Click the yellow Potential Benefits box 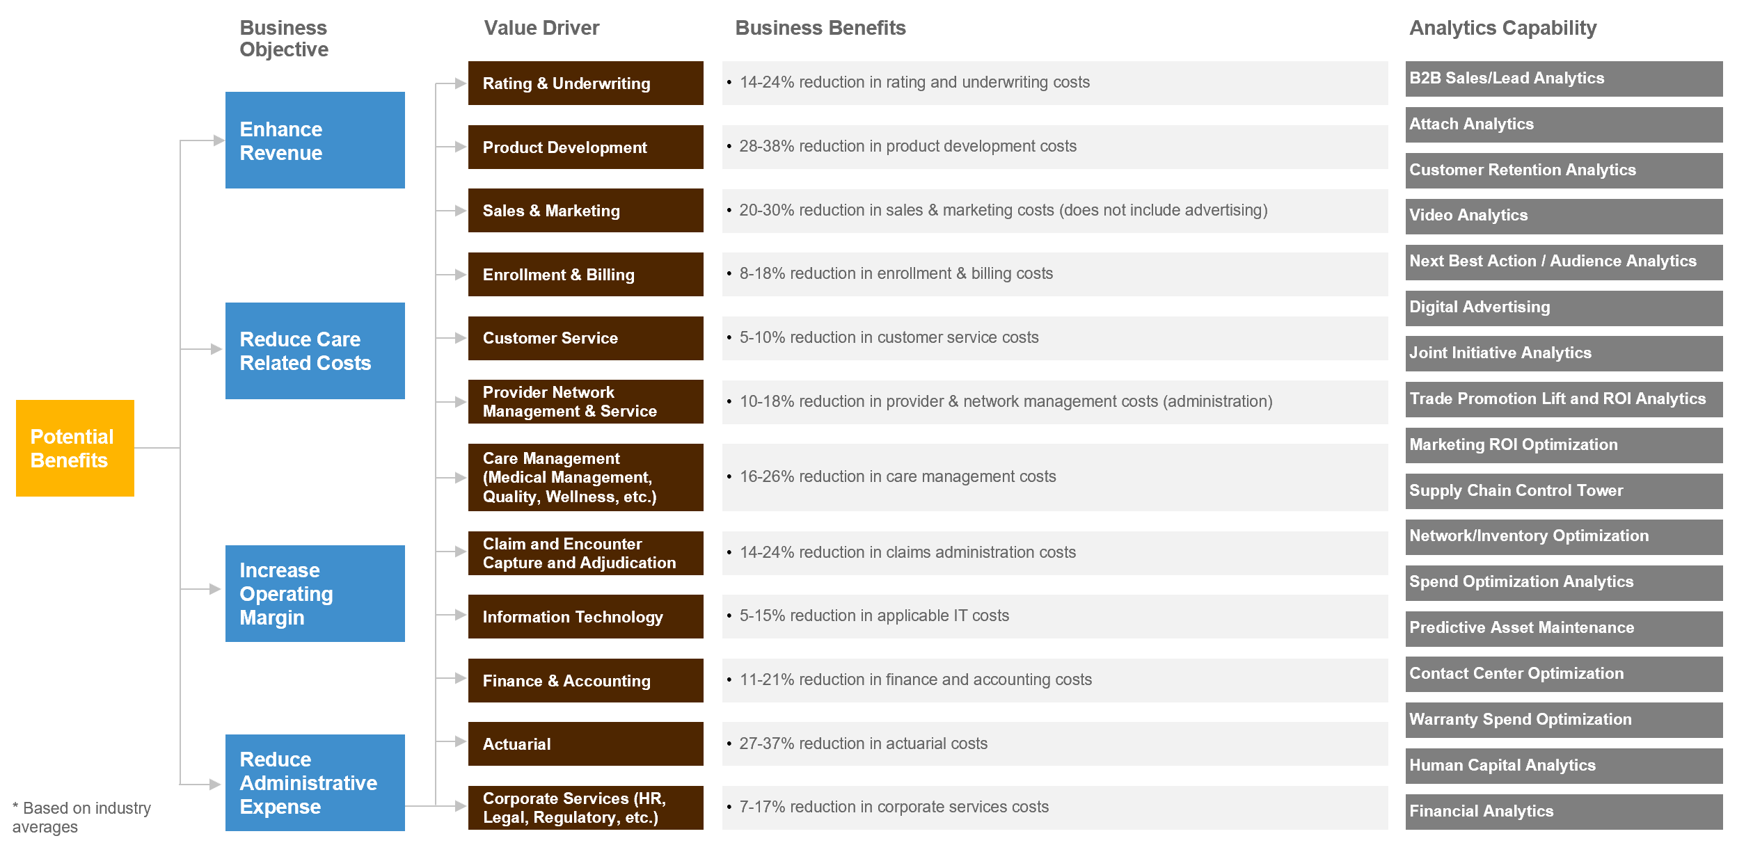coord(74,448)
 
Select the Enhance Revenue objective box coord(315,140)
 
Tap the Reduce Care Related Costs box coord(315,351)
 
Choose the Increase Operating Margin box coord(315,593)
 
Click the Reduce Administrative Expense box coord(315,782)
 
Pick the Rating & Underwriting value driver coord(585,83)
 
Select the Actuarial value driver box coord(585,744)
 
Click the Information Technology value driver coord(585,616)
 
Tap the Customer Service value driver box coord(585,338)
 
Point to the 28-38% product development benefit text coord(907,146)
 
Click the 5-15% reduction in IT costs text coord(874,616)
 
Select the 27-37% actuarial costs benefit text coord(863,744)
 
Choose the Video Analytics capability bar coord(1563,216)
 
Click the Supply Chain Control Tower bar coord(1563,490)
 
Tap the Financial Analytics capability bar coord(1563,811)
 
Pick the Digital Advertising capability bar coord(1563,307)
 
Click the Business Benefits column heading coord(820,28)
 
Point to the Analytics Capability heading coord(1502,28)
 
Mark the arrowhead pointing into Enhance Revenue coord(219,140)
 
